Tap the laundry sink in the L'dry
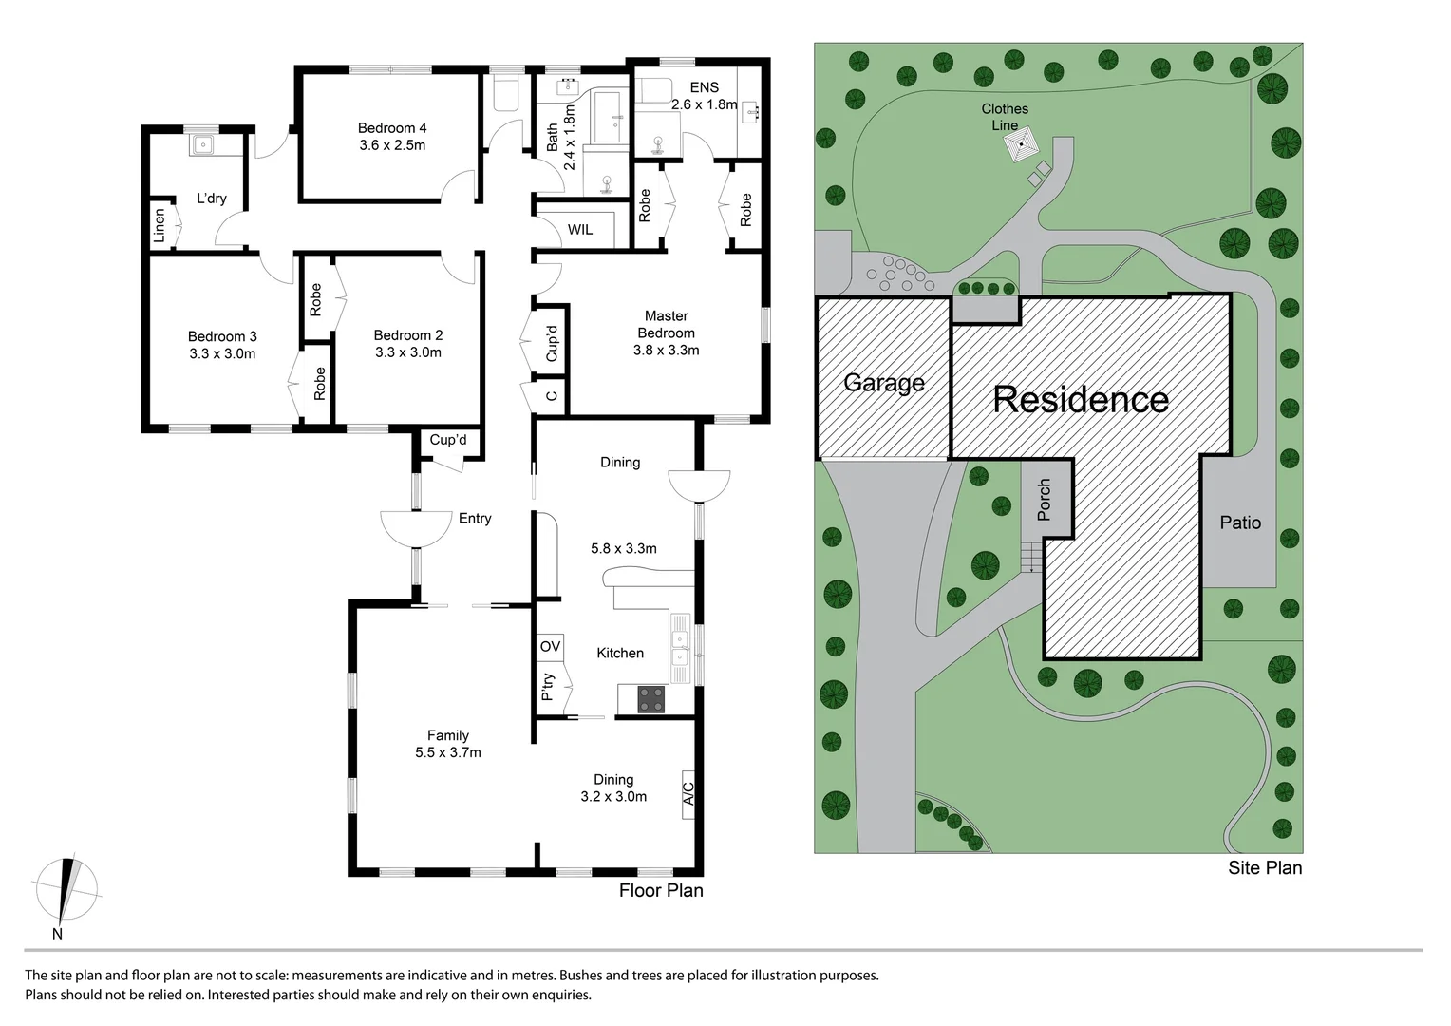(203, 145)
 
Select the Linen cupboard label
(160, 225)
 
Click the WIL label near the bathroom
(579, 230)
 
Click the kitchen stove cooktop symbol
(651, 699)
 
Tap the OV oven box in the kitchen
(550, 647)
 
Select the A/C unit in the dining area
(688, 792)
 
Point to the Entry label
(475, 518)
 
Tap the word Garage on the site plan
(884, 383)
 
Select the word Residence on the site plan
(1081, 399)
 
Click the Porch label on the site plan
(1045, 500)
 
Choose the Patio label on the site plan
(1240, 522)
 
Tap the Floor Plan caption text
(661, 890)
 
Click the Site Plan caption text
(1265, 867)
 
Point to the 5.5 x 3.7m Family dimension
(447, 752)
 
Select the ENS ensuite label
(705, 88)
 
